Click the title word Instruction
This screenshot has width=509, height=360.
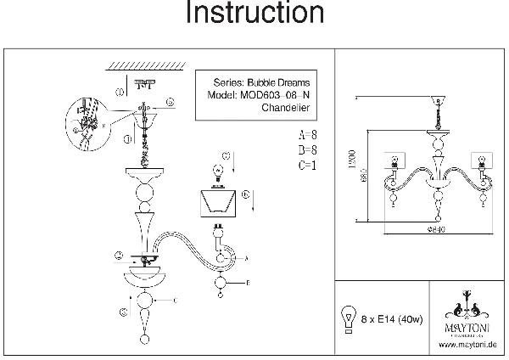tap(254, 14)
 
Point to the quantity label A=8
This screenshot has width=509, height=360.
tap(308, 135)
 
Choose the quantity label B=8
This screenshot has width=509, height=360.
tap(308, 150)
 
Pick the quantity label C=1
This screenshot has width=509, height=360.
tap(308, 166)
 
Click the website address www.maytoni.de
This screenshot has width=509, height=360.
tap(467, 344)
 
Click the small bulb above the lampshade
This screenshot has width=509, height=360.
tap(216, 170)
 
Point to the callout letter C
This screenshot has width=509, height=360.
tap(173, 301)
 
